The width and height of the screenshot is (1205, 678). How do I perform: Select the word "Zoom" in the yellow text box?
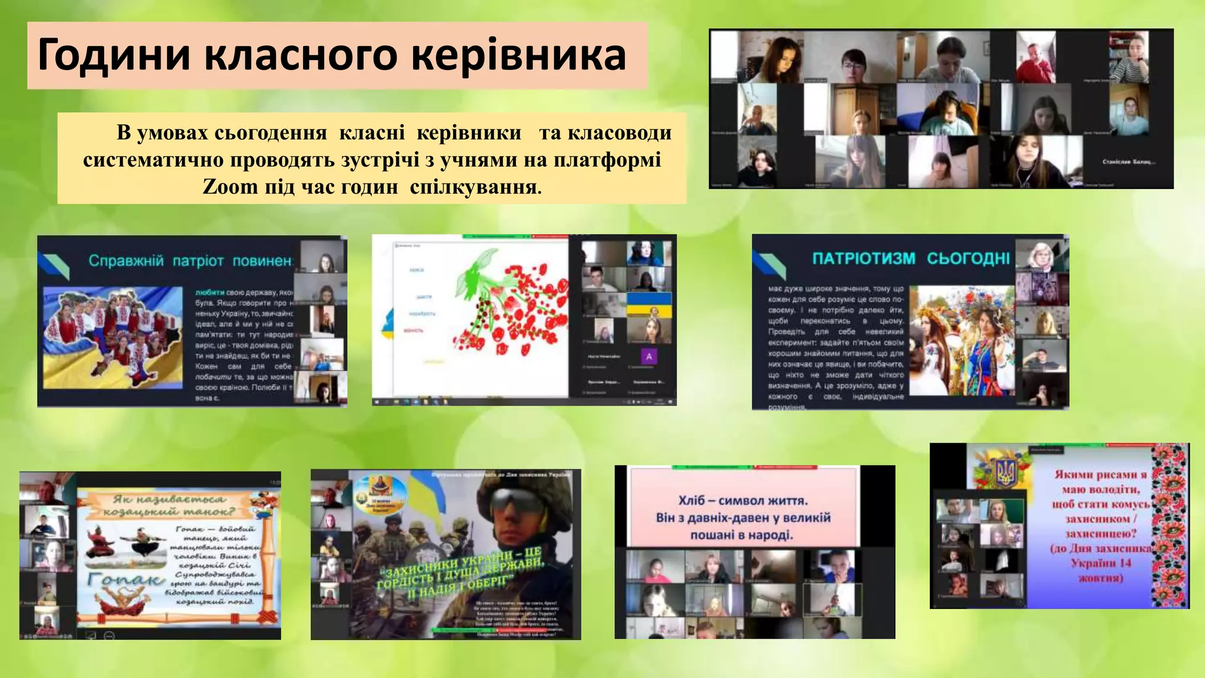pyautogui.click(x=230, y=187)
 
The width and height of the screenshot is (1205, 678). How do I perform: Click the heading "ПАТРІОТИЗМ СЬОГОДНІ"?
pyautogui.click(x=911, y=258)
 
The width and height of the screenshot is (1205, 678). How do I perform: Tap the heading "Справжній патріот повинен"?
pyautogui.click(x=190, y=261)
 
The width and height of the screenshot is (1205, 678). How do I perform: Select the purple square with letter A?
pyautogui.click(x=649, y=357)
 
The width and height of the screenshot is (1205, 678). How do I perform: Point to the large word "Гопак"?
pyautogui.click(x=125, y=580)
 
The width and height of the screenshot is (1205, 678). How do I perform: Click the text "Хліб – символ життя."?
pyautogui.click(x=743, y=501)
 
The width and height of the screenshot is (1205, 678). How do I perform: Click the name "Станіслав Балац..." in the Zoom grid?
pyautogui.click(x=1129, y=161)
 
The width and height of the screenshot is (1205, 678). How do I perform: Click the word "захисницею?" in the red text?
pyautogui.click(x=1100, y=534)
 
